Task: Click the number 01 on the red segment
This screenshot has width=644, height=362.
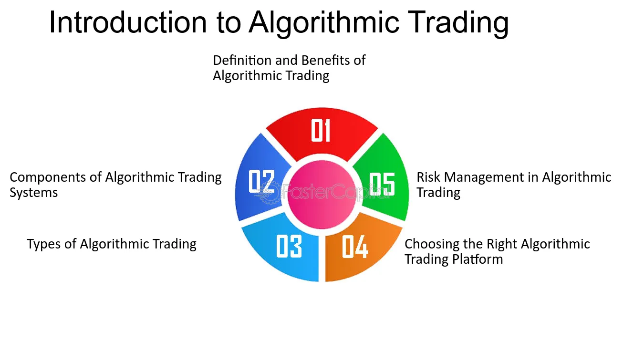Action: (321, 130)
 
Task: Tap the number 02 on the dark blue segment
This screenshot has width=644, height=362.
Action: (261, 181)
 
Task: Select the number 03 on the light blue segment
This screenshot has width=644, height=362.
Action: (289, 246)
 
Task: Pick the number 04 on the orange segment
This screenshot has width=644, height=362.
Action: (355, 247)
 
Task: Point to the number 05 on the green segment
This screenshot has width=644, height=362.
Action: (382, 184)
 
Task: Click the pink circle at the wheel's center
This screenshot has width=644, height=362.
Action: (322, 195)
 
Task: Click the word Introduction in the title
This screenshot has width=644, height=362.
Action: (128, 22)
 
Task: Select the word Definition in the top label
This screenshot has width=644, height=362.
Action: (242, 61)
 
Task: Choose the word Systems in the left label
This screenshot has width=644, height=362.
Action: (34, 193)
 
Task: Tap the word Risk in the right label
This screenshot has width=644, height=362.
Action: (428, 177)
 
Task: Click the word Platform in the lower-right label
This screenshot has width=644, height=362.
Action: (478, 259)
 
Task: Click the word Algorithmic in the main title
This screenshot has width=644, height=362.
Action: (324, 23)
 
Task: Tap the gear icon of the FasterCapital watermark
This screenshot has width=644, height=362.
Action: (269, 193)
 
